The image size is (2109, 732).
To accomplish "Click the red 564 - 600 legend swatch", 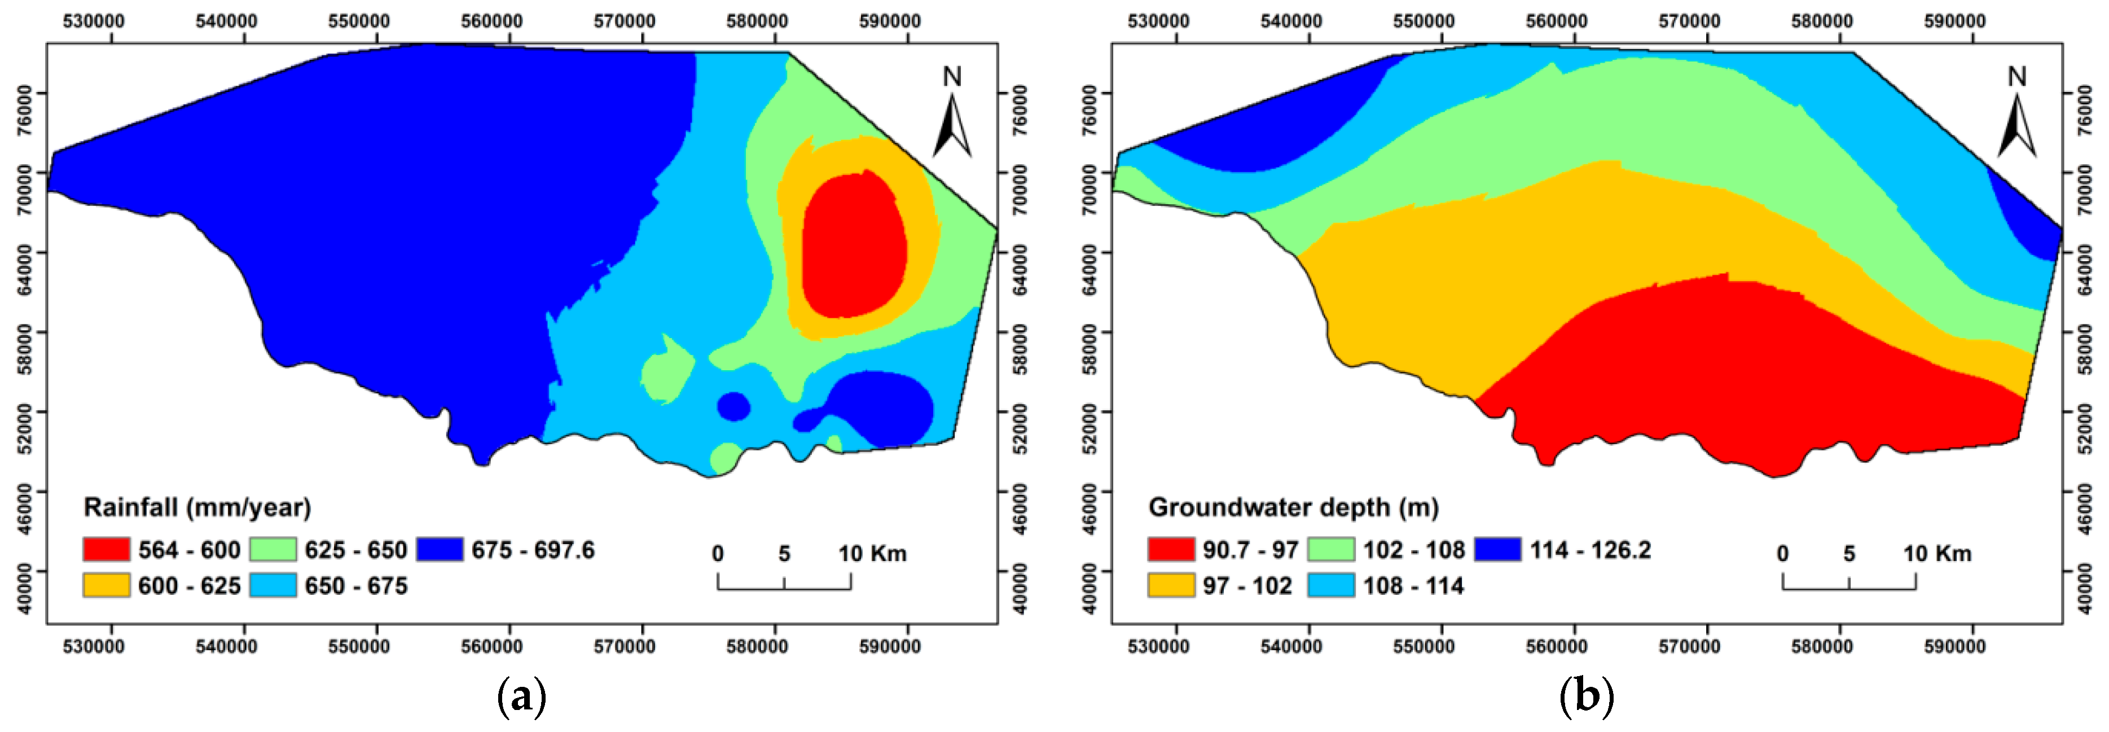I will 107,549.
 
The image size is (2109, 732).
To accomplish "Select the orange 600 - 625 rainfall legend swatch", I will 107,585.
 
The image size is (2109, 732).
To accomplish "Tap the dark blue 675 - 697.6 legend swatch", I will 440,549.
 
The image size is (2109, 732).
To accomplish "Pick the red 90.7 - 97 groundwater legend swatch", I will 1171,549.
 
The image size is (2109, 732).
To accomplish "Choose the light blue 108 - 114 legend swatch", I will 1331,585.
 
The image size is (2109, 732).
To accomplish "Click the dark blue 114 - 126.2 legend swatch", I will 1498,549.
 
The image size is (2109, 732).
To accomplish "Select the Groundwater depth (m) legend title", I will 1294,507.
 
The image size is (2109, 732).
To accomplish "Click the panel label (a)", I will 521,698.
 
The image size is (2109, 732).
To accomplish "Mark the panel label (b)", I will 1587,698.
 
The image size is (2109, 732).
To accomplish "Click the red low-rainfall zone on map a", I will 854,246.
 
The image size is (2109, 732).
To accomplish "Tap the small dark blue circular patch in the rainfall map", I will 733,406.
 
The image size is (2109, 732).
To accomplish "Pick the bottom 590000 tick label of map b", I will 1955,647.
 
